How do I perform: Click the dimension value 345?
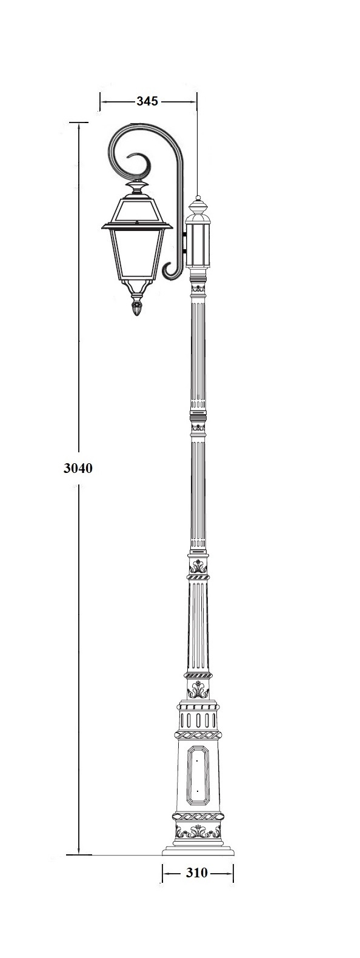coord(147,101)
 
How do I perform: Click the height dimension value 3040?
coord(78,468)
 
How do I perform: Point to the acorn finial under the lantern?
coord(137,307)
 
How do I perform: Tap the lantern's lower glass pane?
coord(137,252)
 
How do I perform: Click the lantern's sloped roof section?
coord(137,210)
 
